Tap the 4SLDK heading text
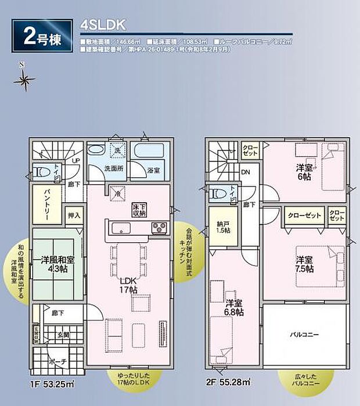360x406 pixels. (x=99, y=26)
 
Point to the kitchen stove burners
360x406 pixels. (x=159, y=228)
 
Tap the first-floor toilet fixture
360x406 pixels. (x=41, y=172)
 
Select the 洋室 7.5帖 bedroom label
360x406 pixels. (x=304, y=264)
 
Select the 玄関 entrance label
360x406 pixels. (x=63, y=334)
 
